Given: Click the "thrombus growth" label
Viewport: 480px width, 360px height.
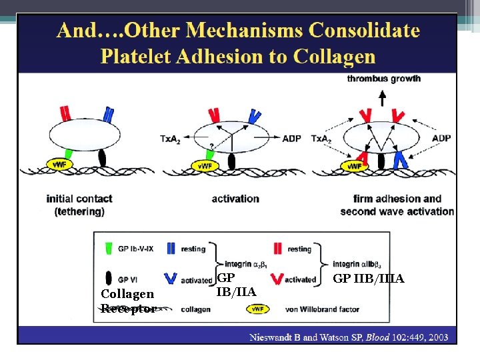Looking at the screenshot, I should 383,79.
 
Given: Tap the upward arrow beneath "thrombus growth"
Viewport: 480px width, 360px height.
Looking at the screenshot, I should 382,99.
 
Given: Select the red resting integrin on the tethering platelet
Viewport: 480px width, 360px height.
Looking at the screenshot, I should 64,114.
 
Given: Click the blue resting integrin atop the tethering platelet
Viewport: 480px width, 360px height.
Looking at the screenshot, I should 108,115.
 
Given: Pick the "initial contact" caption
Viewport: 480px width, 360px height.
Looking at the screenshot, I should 79,199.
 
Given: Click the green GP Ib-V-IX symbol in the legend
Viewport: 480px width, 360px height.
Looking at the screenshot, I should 109,249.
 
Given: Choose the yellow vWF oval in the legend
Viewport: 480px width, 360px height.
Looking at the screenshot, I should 257,309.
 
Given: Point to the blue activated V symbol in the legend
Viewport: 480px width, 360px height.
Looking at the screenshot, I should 171,279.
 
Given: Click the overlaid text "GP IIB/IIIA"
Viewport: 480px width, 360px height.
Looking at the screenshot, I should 368,279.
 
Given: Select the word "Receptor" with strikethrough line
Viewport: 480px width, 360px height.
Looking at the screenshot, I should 127,308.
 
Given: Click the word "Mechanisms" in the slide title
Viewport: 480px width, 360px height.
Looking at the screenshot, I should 237,31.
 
